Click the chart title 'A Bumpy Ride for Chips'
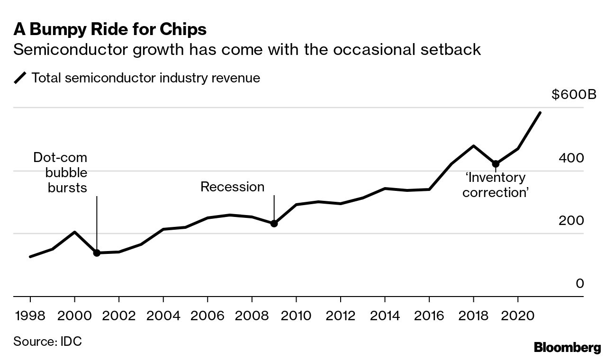pyautogui.click(x=110, y=29)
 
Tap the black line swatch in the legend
pyautogui.click(x=20, y=78)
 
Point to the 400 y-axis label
pyautogui.click(x=571, y=158)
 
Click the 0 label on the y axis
pyautogui.click(x=579, y=283)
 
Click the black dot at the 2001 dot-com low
pyautogui.click(x=97, y=253)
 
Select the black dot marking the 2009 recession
pyautogui.click(x=274, y=223)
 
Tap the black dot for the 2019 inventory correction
pyautogui.click(x=496, y=164)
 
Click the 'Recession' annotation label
pyautogui.click(x=232, y=187)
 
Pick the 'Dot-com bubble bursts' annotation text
pyautogui.click(x=61, y=172)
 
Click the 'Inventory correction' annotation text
pyautogui.click(x=495, y=185)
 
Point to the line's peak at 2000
pyautogui.click(x=74, y=232)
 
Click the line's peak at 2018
pyautogui.click(x=473, y=146)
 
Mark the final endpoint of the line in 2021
pyautogui.click(x=540, y=113)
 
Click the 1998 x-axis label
pyautogui.click(x=30, y=315)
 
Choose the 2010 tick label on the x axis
pyautogui.click(x=296, y=315)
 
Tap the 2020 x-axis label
pyautogui.click(x=518, y=315)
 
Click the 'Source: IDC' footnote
pyautogui.click(x=47, y=341)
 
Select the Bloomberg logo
pyautogui.click(x=567, y=348)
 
